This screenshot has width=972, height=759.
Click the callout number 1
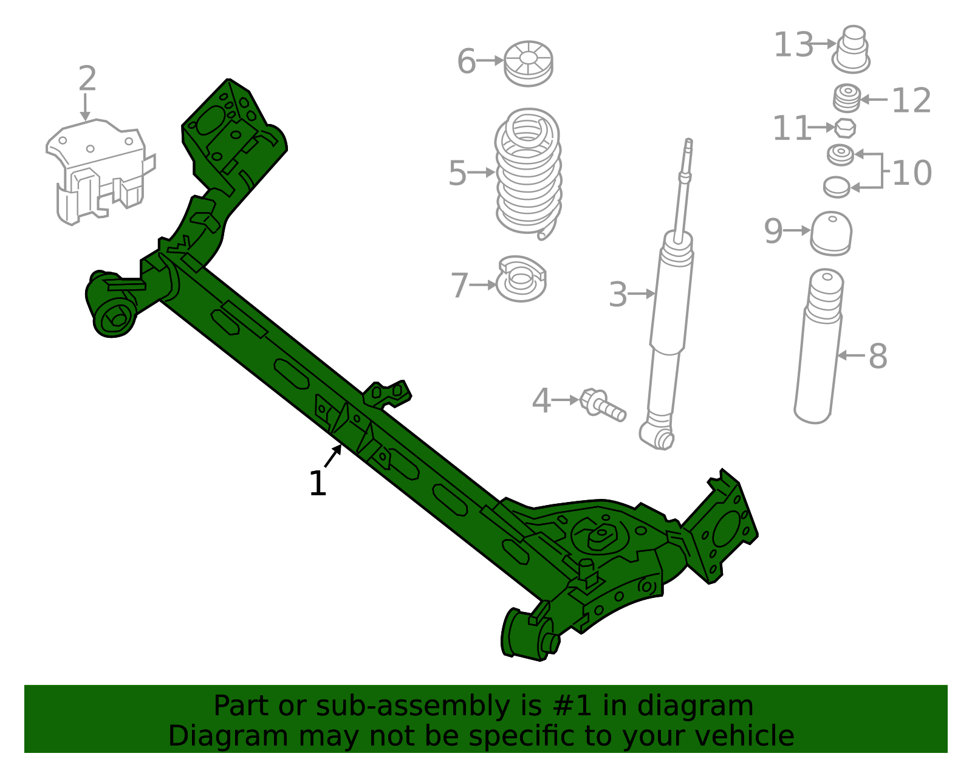[318, 484]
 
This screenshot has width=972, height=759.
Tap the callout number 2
[87, 79]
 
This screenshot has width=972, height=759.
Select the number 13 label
[793, 45]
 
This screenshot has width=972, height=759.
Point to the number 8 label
[878, 356]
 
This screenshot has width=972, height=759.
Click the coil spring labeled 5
[528, 173]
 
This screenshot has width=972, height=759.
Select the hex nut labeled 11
[845, 128]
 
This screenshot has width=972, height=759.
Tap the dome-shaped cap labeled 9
[831, 233]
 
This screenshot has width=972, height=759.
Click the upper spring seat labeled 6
[529, 63]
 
